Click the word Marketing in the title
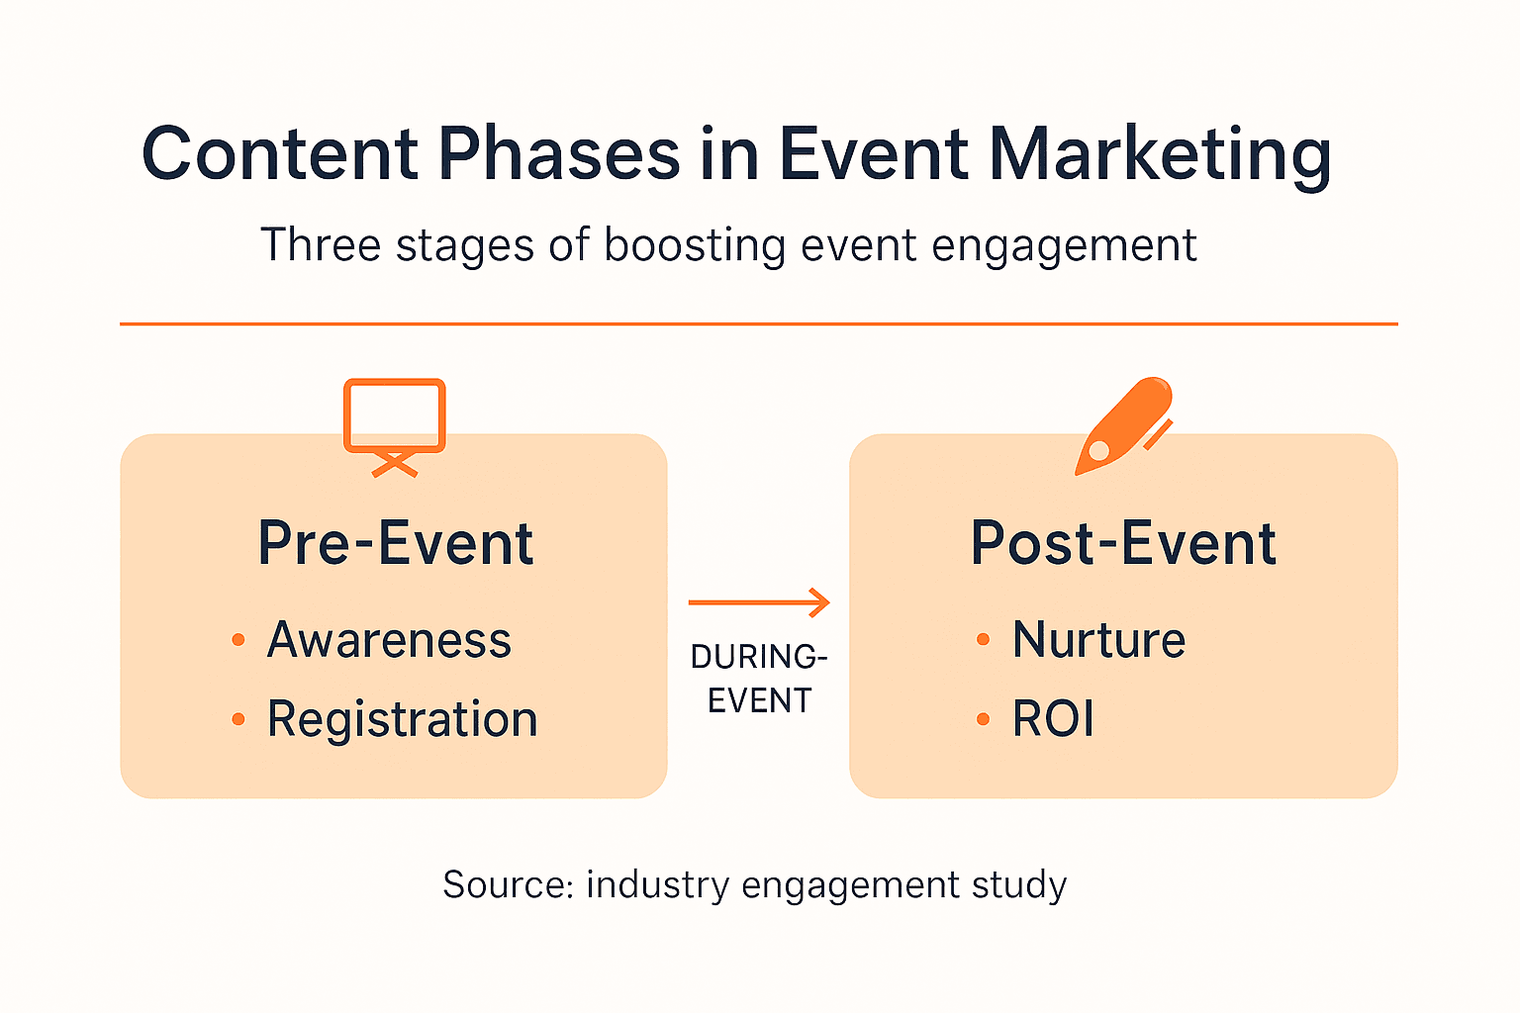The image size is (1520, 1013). coord(1160,154)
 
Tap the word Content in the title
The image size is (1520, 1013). coord(280,153)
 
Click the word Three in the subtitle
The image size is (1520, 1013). coord(321,244)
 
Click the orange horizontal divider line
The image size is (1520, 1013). coord(759,323)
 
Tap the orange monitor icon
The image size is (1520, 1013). coord(394,427)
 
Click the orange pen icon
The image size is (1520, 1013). coord(1124,426)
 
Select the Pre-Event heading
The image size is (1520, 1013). coord(396,543)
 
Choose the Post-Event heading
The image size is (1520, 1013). coord(1123,543)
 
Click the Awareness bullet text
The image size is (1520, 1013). coord(389,639)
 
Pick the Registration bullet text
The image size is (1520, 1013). coord(403,719)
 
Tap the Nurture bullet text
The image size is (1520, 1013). coord(1098,639)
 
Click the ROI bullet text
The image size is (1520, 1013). coord(1053,718)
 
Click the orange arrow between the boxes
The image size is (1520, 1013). coord(759,601)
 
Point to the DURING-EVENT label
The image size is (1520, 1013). coord(759,679)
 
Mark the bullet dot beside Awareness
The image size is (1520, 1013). coord(237,639)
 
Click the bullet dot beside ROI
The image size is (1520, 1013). coord(983,718)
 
